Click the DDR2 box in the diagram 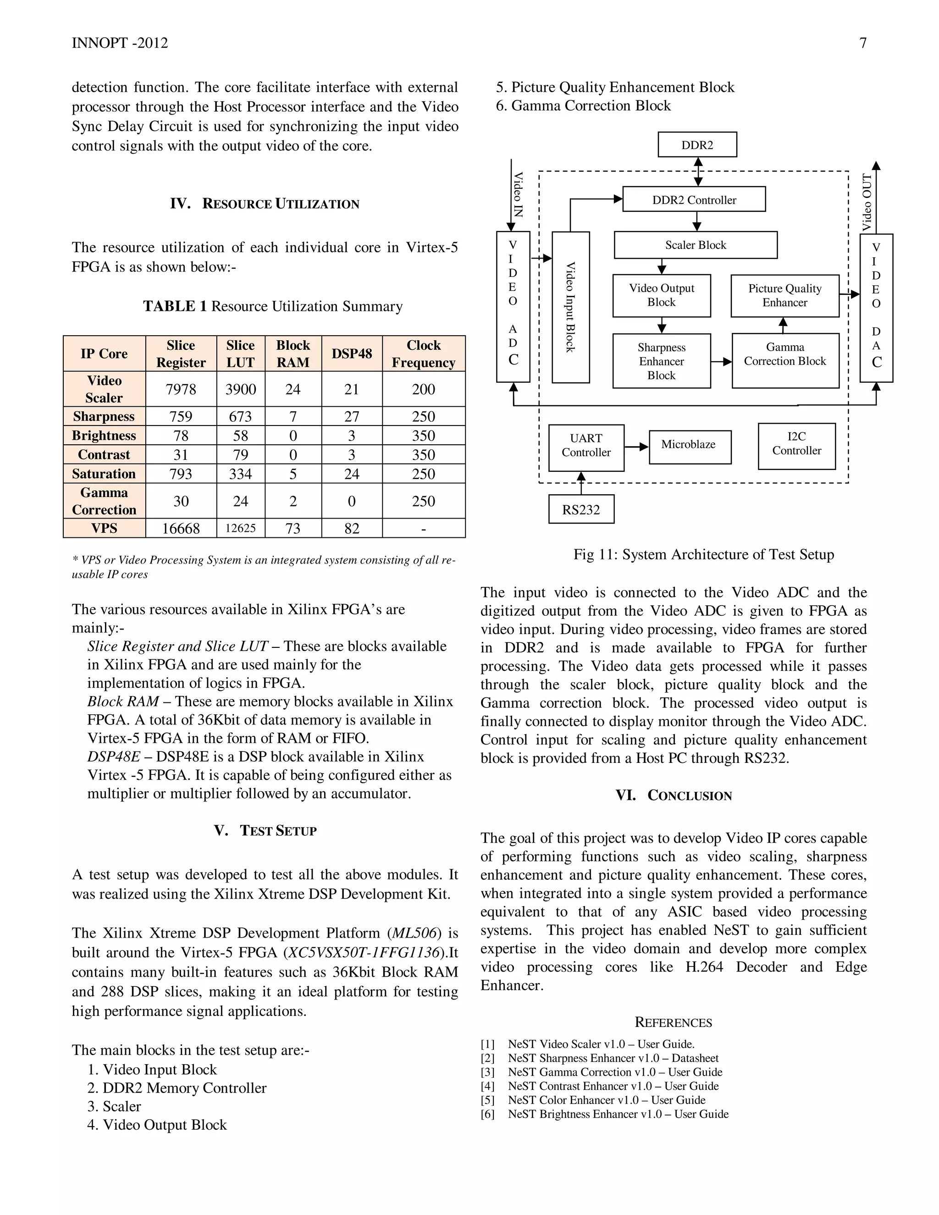tap(697, 144)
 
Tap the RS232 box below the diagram tap(581, 509)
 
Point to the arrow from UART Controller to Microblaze tap(636, 447)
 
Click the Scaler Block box tap(696, 245)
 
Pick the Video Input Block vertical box tap(570, 307)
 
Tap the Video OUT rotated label tap(867, 202)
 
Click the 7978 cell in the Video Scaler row tap(181, 389)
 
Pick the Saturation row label tap(104, 474)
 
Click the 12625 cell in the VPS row tap(240, 528)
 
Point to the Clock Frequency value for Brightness tap(423, 436)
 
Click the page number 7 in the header tap(863, 43)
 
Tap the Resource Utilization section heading tap(265, 204)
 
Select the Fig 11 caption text tap(704, 554)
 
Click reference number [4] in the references tap(487, 1086)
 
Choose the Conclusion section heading tap(673, 795)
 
